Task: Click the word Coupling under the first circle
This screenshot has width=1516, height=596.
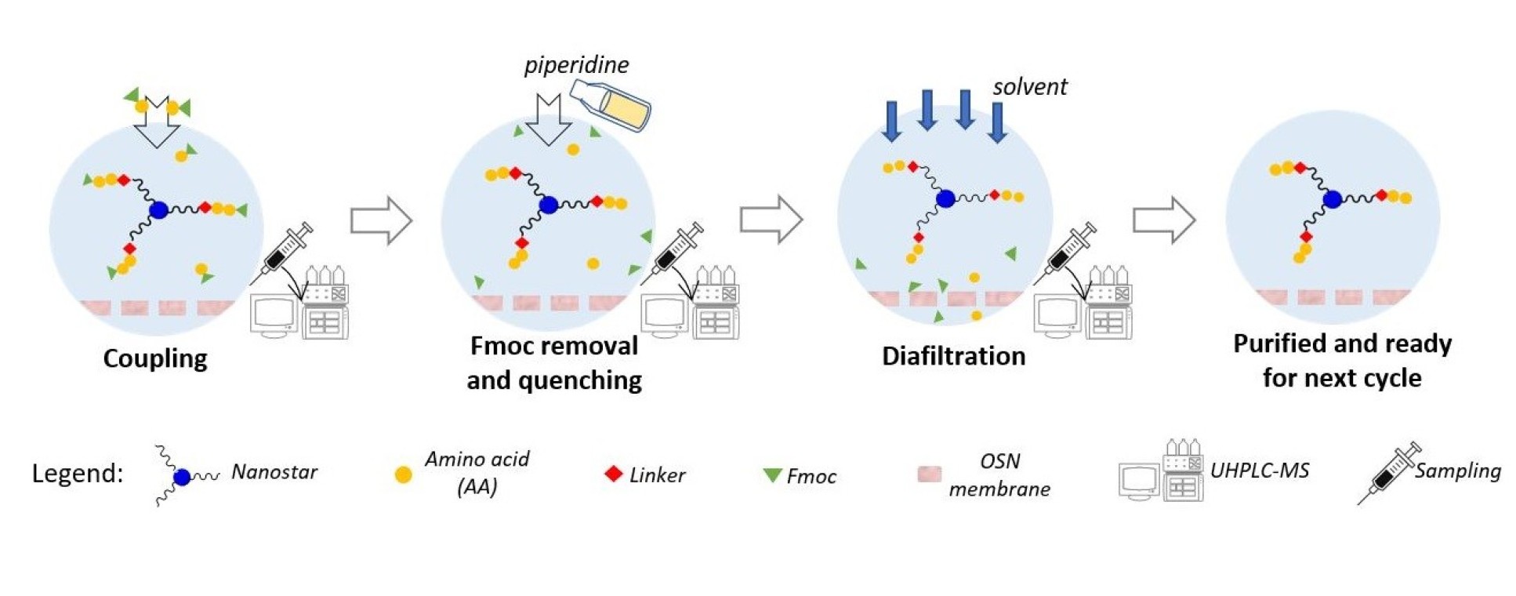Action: point(155,358)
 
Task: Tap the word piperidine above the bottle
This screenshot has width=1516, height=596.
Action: point(576,65)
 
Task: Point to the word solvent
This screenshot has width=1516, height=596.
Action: point(1029,87)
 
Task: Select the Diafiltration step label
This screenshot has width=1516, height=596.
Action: point(953,356)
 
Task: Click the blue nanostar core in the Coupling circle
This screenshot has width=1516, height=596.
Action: point(159,209)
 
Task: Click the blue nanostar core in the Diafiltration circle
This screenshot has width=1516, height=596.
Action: point(945,198)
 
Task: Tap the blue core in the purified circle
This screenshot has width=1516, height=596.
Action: point(1332,199)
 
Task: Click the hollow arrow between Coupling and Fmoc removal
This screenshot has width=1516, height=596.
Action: point(381,220)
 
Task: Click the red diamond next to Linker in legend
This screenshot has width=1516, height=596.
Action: point(614,474)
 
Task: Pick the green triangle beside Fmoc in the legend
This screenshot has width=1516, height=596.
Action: point(772,475)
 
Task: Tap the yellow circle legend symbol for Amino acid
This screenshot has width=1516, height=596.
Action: point(403,474)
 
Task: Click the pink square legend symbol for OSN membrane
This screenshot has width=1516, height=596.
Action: point(929,474)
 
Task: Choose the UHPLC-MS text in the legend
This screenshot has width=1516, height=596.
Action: point(1259,471)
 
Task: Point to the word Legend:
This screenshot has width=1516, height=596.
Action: point(77,474)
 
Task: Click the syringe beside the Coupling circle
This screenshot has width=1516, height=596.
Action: point(283,253)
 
